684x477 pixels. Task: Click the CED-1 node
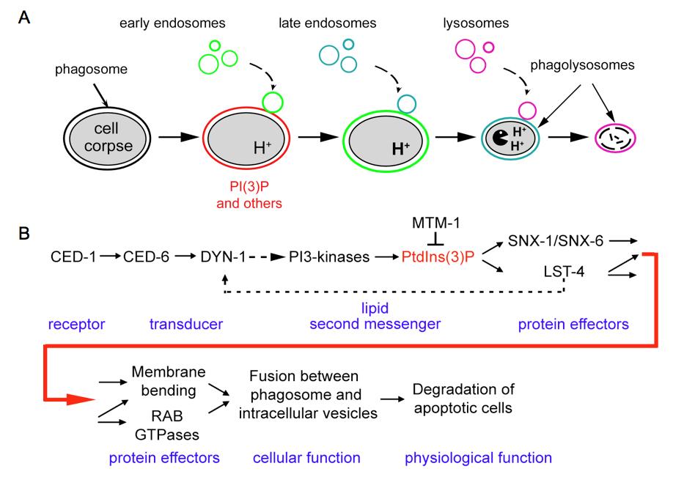(72, 257)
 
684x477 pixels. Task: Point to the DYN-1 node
(219, 257)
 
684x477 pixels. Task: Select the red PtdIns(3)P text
(431, 257)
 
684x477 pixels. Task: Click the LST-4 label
(565, 273)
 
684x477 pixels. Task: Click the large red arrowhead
(81, 399)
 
